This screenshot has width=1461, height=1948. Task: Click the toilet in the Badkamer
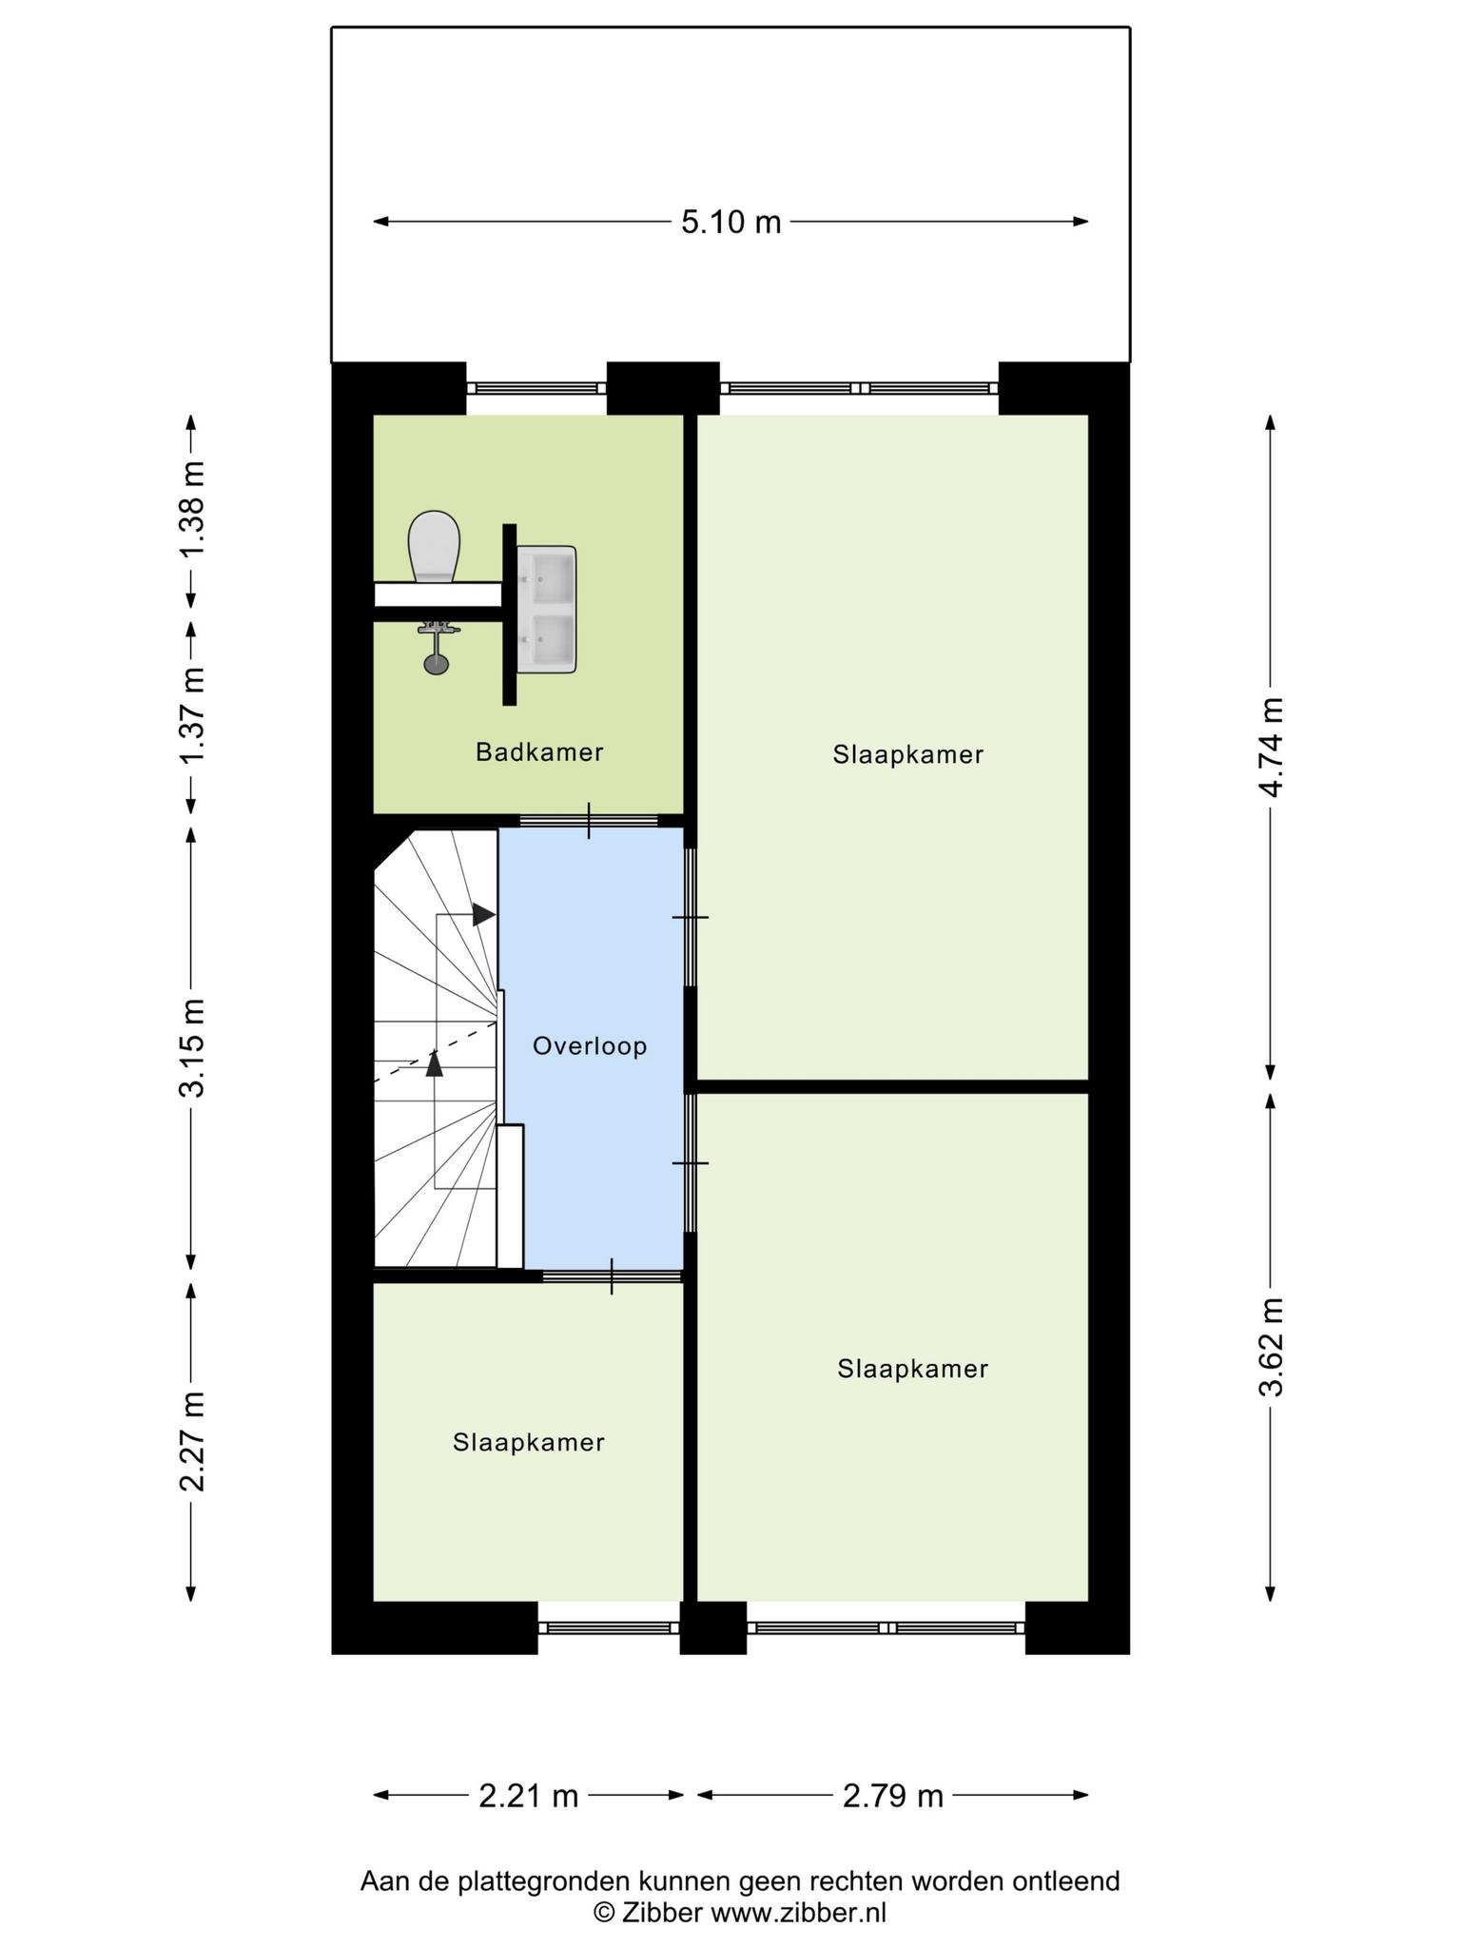pyautogui.click(x=434, y=547)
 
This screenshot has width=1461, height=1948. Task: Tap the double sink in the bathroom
pyautogui.click(x=546, y=610)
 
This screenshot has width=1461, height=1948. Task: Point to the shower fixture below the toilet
pyautogui.click(x=437, y=647)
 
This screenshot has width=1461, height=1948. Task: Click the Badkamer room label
pyautogui.click(x=539, y=752)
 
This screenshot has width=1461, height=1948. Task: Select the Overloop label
pyautogui.click(x=590, y=1046)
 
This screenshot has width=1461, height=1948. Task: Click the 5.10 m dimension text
pyautogui.click(x=730, y=223)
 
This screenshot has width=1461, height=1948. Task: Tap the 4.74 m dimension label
pyautogui.click(x=1272, y=748)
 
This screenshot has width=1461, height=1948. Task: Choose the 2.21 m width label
pyautogui.click(x=528, y=1796)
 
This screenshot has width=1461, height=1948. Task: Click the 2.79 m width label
pyautogui.click(x=893, y=1796)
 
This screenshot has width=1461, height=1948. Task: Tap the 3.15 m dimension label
pyautogui.click(x=193, y=1048)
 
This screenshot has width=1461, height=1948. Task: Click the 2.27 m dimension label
pyautogui.click(x=193, y=1441)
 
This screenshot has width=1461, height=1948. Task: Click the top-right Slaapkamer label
pyautogui.click(x=908, y=754)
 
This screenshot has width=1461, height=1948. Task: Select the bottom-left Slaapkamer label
pyautogui.click(x=529, y=1443)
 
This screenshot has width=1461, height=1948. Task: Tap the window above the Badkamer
pyautogui.click(x=536, y=388)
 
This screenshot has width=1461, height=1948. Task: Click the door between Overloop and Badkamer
pyautogui.click(x=589, y=821)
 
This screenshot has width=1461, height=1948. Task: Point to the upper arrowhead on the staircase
pyautogui.click(x=484, y=915)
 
